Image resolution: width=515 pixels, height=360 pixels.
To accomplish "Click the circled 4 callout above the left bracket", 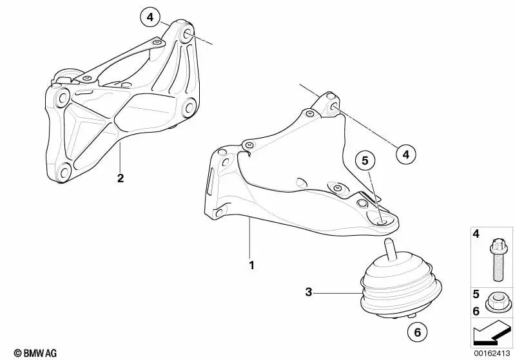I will (x=150, y=17).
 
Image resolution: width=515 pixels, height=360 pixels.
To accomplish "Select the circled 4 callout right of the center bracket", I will (x=405, y=154).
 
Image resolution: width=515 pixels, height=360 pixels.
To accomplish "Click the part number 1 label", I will (x=252, y=265).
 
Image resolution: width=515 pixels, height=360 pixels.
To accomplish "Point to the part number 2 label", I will (x=121, y=178).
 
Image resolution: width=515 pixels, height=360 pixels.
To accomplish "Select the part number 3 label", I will (x=309, y=292).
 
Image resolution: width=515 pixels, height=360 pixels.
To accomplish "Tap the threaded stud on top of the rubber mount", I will (x=389, y=249).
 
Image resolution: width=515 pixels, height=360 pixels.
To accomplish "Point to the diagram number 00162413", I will (x=493, y=353).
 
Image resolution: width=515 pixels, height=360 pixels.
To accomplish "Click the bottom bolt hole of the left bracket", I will (x=64, y=171).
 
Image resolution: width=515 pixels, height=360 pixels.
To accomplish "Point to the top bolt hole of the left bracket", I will (x=188, y=33).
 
